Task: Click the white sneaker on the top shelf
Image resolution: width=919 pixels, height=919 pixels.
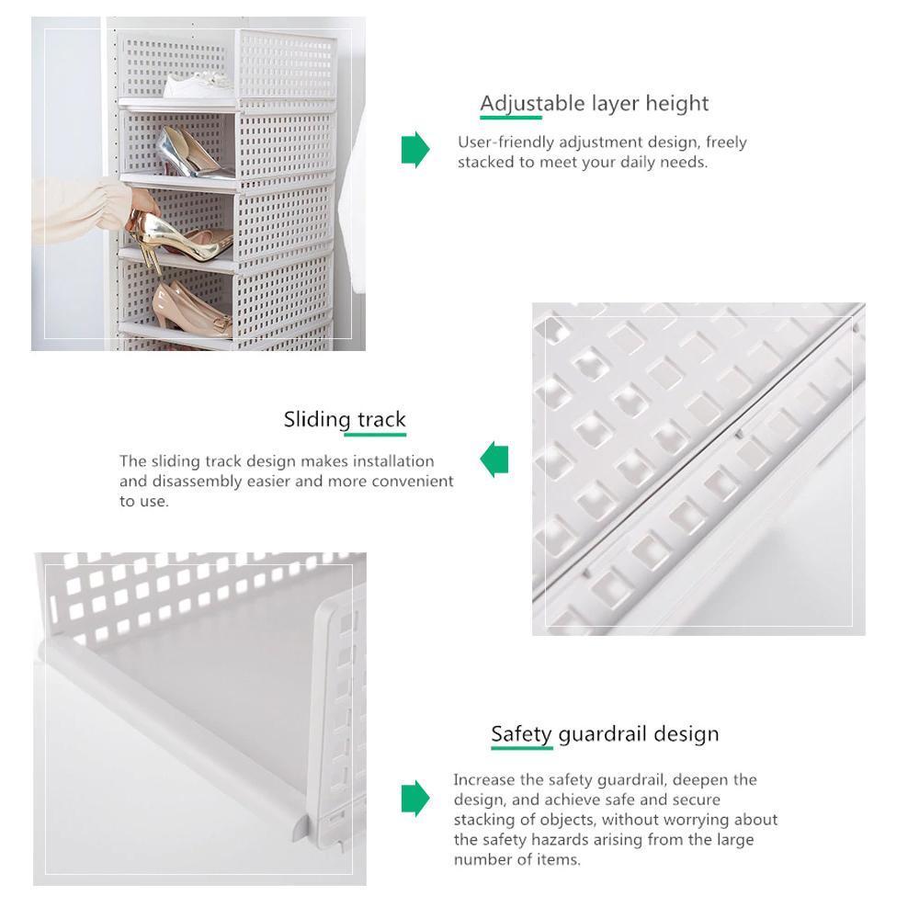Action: (x=197, y=85)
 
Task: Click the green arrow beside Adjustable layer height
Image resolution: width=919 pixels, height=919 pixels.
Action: (x=415, y=150)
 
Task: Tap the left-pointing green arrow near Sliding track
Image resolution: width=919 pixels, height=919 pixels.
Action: (x=494, y=459)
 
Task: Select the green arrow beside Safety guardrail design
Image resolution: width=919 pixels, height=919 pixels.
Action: (x=415, y=799)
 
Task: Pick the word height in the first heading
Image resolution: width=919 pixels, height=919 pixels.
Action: (x=677, y=105)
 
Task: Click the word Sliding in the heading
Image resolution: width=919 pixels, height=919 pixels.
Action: (x=317, y=420)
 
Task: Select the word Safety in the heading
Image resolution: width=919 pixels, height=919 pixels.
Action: (x=522, y=734)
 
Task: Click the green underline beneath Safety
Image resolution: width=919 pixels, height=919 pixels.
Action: (x=522, y=748)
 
